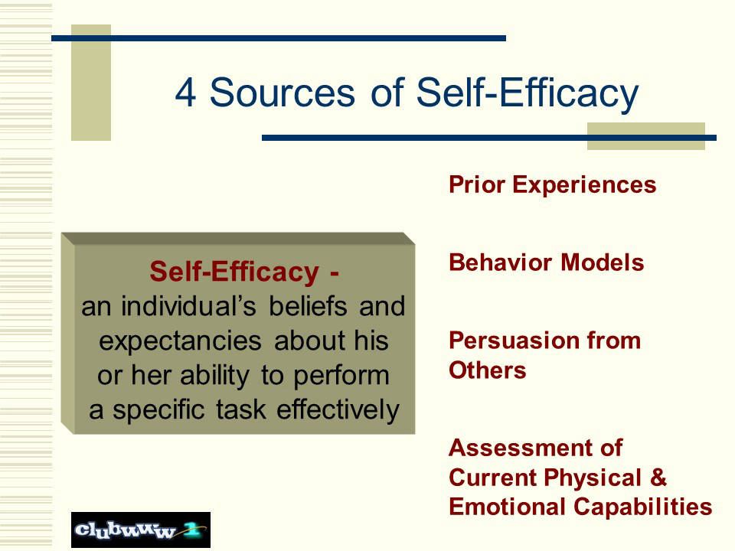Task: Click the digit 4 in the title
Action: click(x=185, y=93)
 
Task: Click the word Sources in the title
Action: click(x=283, y=93)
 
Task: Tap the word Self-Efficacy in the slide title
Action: click(x=528, y=93)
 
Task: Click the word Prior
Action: click(x=476, y=184)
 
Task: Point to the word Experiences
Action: click(x=584, y=185)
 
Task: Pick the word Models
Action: click(x=603, y=262)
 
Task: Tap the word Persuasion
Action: click(x=513, y=340)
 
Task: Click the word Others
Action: click(x=488, y=370)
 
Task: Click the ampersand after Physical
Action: click(x=658, y=478)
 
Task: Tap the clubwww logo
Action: click(x=141, y=530)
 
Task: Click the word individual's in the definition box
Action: click(x=188, y=306)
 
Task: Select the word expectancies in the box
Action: click(x=180, y=341)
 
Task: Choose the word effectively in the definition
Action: click(x=338, y=410)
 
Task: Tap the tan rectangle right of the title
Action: click(x=646, y=136)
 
